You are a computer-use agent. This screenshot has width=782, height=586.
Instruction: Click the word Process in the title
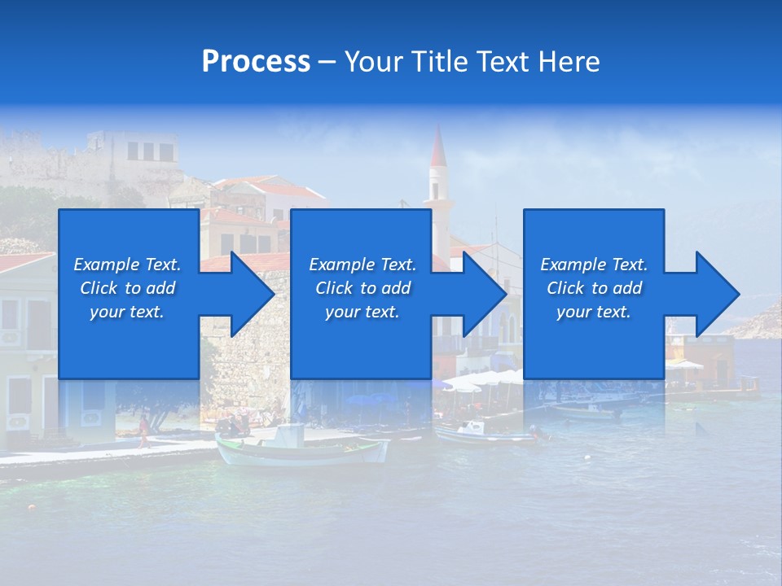click(x=256, y=62)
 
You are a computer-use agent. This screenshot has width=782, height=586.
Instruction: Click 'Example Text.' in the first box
click(x=127, y=265)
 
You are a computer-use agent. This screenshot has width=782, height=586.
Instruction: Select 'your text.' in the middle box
click(x=362, y=312)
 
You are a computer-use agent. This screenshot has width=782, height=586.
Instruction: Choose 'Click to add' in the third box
click(x=594, y=288)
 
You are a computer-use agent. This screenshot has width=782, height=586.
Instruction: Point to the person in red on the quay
click(x=144, y=429)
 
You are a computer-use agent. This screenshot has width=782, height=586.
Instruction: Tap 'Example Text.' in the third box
click(x=594, y=265)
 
